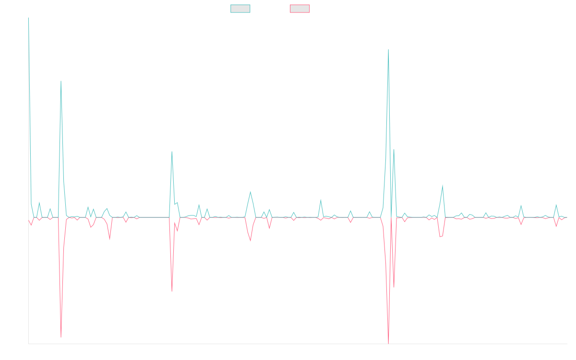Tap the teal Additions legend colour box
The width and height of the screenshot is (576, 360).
(240, 9)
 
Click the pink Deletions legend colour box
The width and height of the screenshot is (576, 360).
(300, 9)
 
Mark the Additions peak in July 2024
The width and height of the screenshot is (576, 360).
(388, 49)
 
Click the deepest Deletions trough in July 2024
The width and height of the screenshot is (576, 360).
(388, 343)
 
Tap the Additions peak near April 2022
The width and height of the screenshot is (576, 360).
(61, 81)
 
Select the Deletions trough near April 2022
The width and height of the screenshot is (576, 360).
(61, 337)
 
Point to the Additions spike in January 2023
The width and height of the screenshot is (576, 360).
(172, 152)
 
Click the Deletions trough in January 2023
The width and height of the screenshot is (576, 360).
(172, 291)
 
